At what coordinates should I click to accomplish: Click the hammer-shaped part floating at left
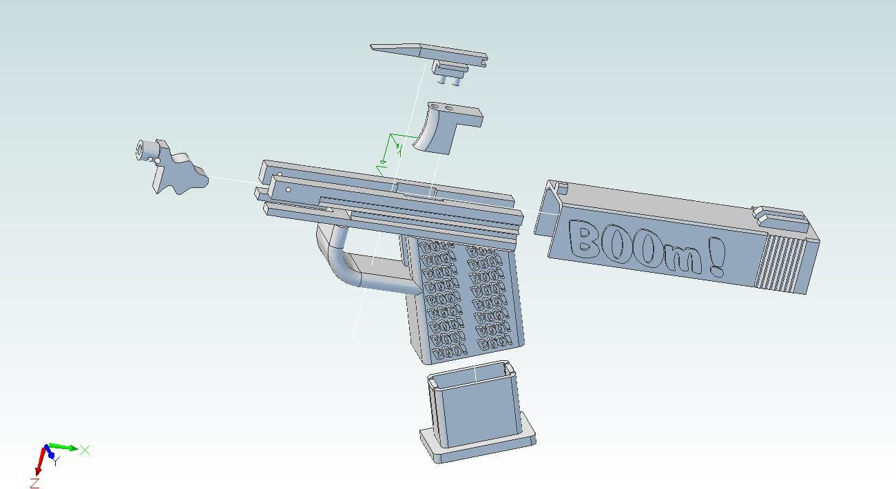[x=176, y=172]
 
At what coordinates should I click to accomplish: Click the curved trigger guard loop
[x=344, y=262]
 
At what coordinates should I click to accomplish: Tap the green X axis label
[x=85, y=450]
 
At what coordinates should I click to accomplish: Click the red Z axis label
[x=34, y=483]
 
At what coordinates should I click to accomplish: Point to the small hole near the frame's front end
[x=288, y=190]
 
